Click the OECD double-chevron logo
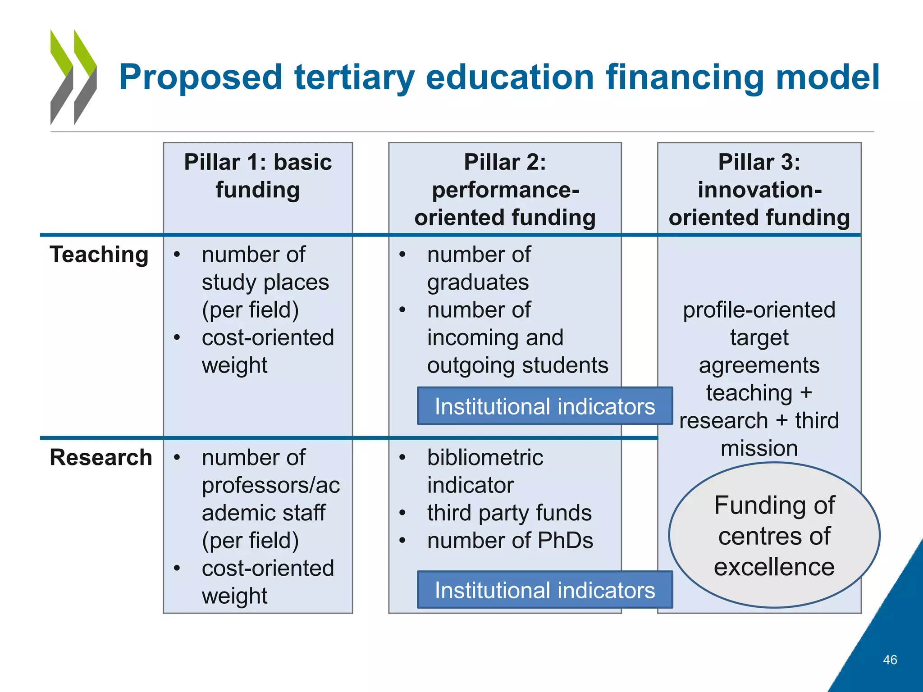[73, 77]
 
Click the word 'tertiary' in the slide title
[354, 77]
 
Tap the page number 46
[890, 660]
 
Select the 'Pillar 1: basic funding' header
[258, 176]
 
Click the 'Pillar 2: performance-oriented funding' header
[505, 190]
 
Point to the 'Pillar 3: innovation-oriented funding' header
[759, 190]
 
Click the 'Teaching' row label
[99, 255]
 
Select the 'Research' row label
[101, 457]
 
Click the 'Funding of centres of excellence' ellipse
[774, 535]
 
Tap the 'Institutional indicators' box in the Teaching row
[545, 406]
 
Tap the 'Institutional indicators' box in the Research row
[545, 590]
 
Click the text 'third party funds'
[509, 513]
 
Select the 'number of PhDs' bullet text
[510, 540]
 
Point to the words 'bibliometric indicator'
[485, 471]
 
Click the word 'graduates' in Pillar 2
[478, 282]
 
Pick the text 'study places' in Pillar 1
[265, 282]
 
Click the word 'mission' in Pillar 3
[759, 448]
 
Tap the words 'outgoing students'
[517, 365]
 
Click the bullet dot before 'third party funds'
[402, 513]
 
